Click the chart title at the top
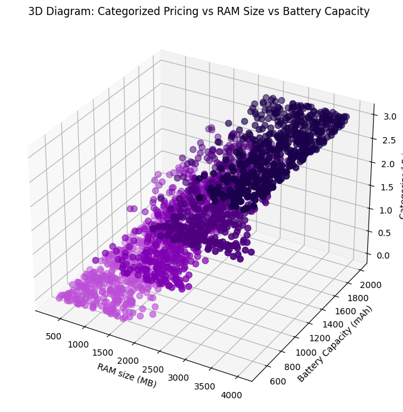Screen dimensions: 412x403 [x=199, y=11]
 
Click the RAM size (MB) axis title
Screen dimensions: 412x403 [x=126, y=375]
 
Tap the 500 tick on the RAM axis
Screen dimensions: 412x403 [x=54, y=336]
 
